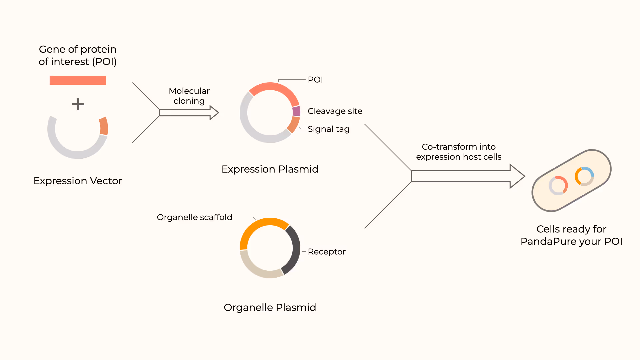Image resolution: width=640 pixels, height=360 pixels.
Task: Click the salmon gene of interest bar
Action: pos(78,81)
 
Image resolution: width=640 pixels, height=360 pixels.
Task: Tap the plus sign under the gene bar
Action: pos(78,104)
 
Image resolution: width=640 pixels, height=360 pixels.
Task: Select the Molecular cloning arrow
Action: pos(189,113)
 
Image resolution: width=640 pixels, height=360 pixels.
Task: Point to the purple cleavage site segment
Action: pos(296,111)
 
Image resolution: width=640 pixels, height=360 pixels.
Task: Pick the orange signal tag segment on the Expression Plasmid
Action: pos(293,125)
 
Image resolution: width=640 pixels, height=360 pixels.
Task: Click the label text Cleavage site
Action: pos(335,111)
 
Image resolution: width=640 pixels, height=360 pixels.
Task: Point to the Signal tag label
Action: pos(328,129)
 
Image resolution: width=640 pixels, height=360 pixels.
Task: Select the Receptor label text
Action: pos(326,252)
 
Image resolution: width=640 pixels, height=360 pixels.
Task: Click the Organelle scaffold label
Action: pos(194,217)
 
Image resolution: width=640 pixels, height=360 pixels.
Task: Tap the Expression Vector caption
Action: pos(78,181)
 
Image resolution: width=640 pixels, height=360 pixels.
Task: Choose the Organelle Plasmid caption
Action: pos(270,307)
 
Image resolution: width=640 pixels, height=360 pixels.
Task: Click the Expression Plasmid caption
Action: pos(270,169)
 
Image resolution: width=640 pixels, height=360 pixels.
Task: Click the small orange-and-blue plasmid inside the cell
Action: pos(584,176)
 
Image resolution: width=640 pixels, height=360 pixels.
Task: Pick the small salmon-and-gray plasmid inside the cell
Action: pos(558,185)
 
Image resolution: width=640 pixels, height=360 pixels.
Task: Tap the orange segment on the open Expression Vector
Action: pos(104,126)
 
